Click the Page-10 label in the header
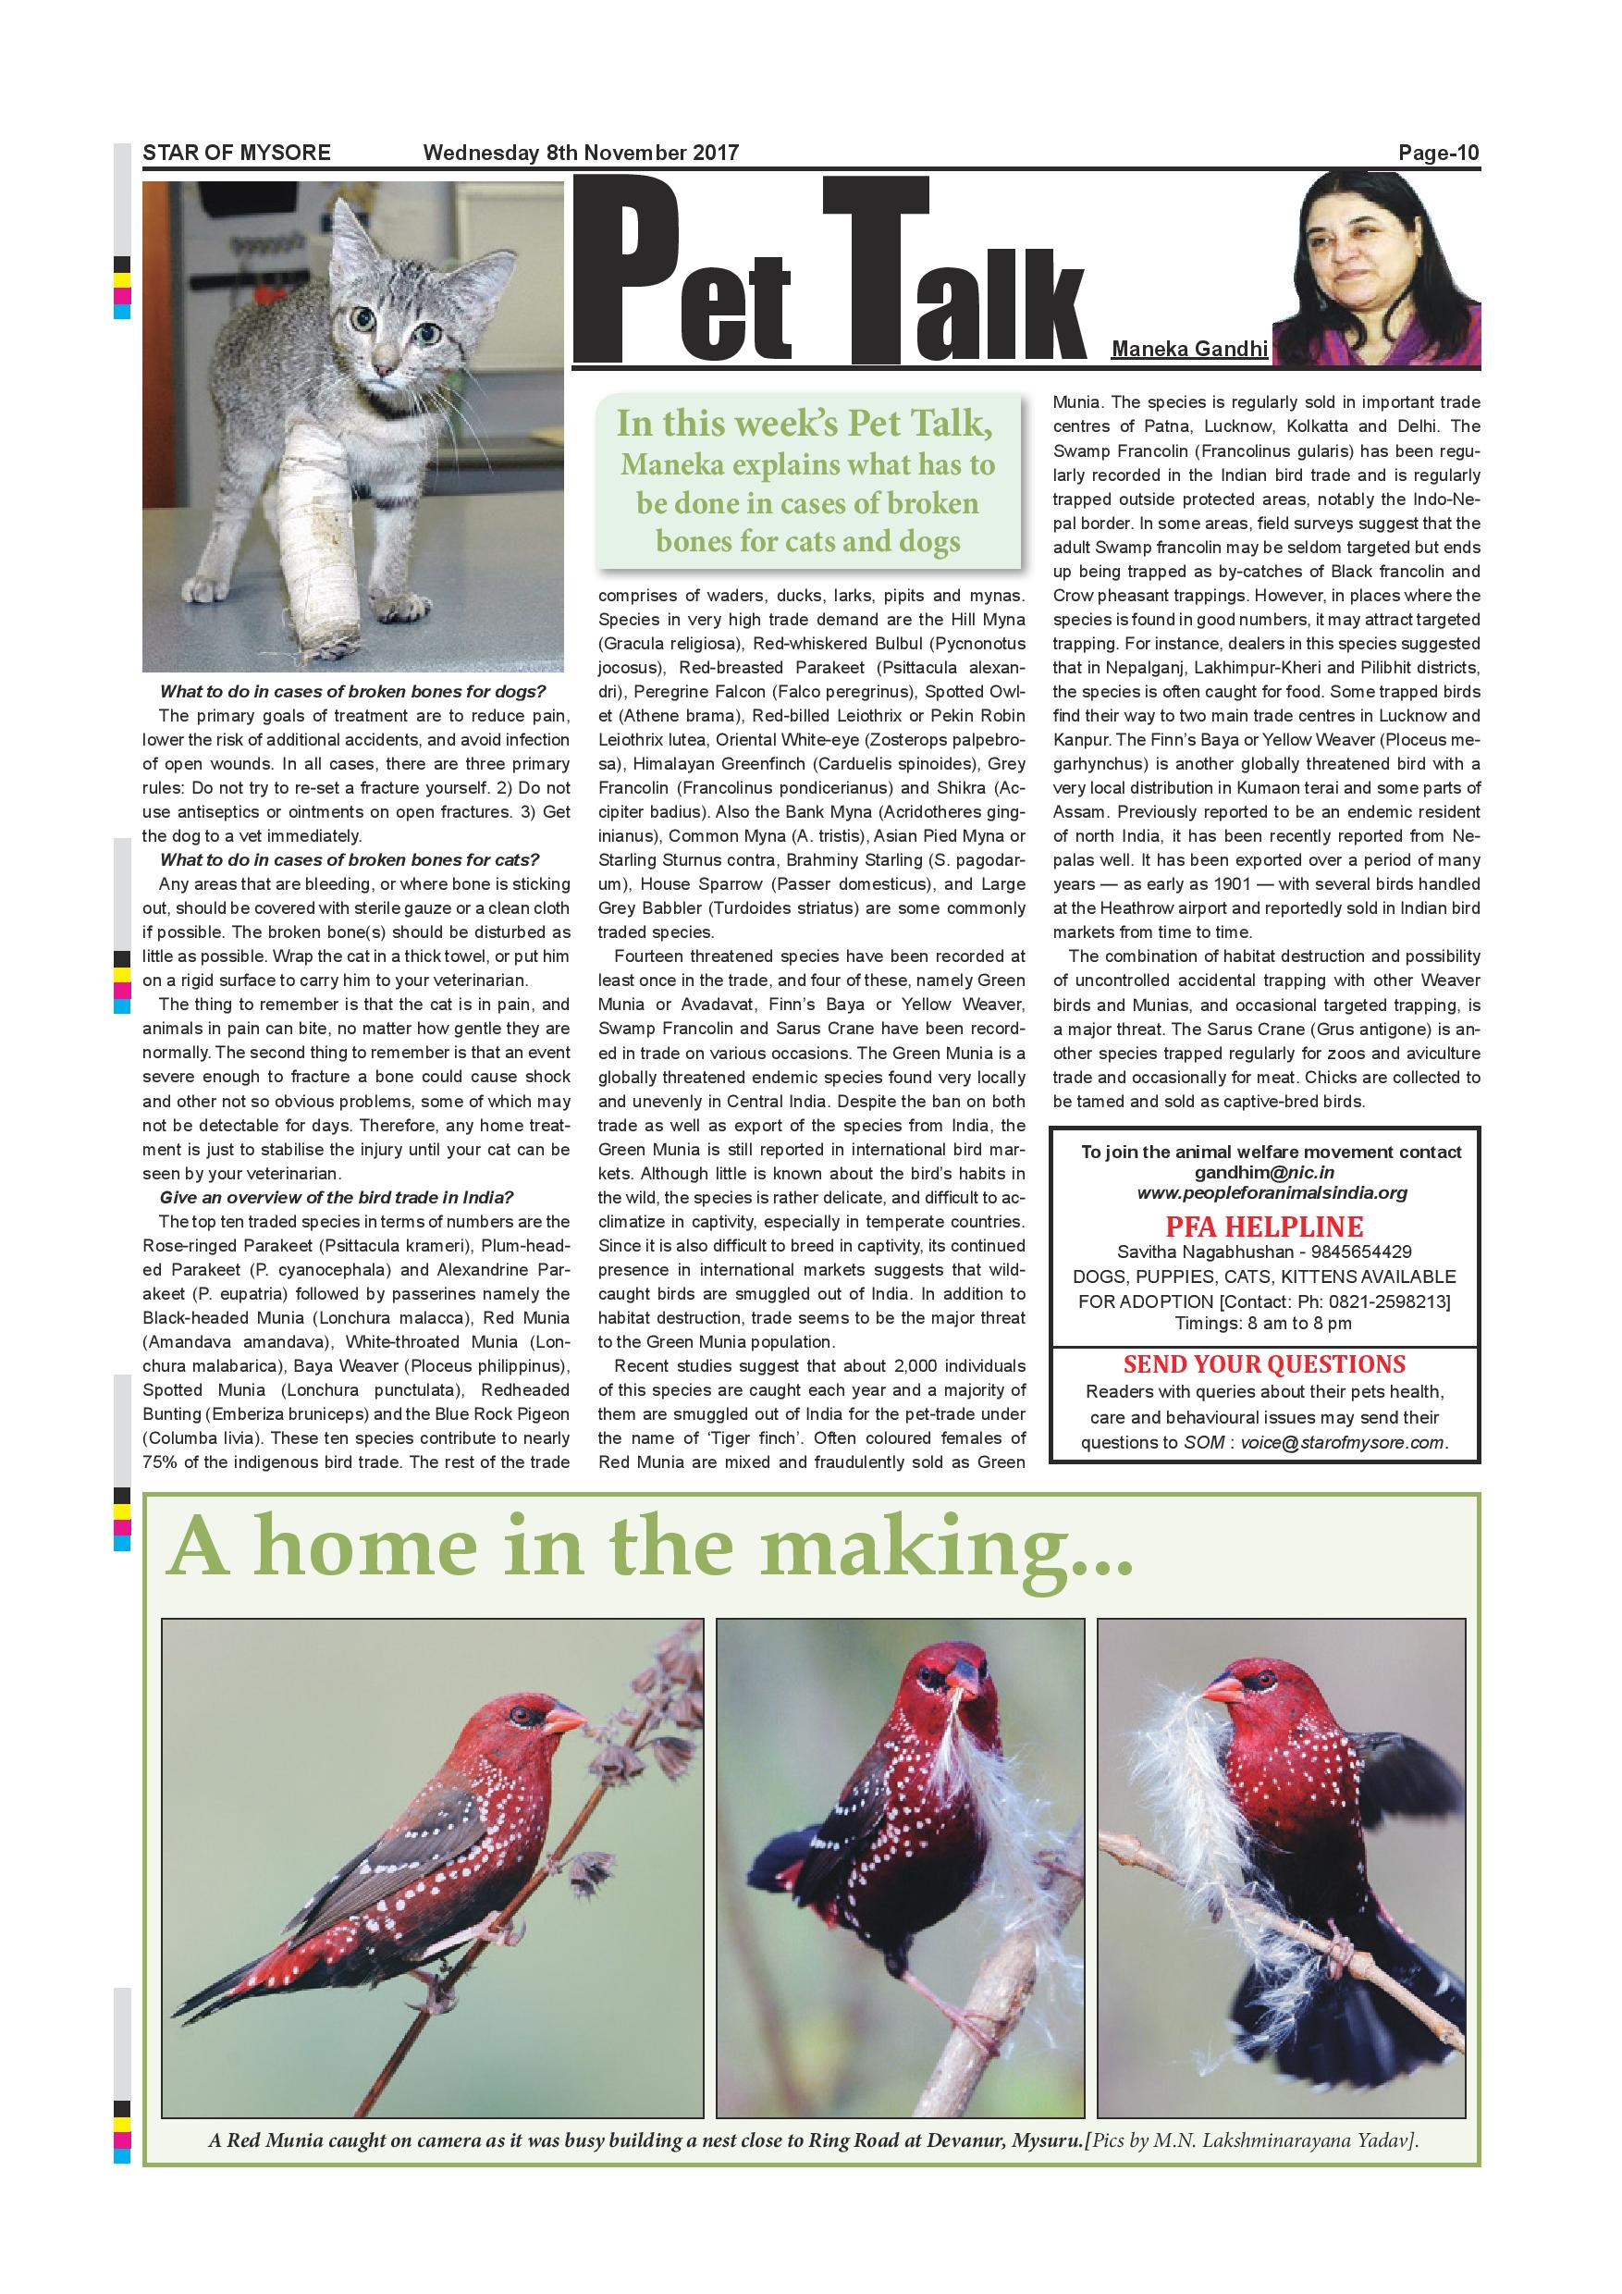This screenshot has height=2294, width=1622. pos(1438,153)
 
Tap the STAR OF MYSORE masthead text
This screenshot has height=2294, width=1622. pos(237,153)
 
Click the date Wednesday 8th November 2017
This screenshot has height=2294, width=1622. pos(581,153)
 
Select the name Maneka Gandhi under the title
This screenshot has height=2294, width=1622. pos(1189,349)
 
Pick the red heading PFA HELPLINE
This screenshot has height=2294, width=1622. pos(1265,1226)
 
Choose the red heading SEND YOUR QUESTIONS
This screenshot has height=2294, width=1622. pos(1264,1363)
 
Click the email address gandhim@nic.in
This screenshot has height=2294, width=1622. pos(1264,1172)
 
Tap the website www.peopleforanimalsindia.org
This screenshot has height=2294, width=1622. pos(1272,1192)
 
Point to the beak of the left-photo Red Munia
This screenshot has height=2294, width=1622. pos(565,1720)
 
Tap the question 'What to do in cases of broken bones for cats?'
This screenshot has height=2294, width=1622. pos(350,859)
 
